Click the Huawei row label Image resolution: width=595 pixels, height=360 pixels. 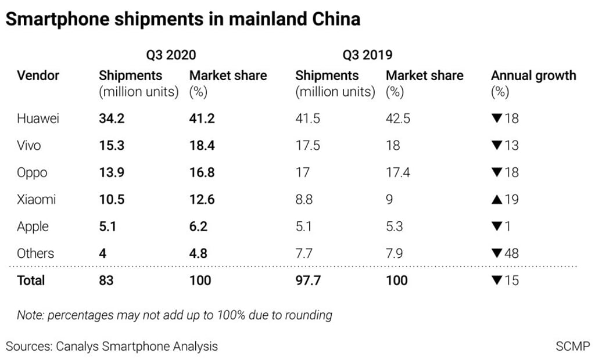pyautogui.click(x=38, y=118)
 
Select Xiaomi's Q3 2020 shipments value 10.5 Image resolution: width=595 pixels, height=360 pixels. pyautogui.click(x=112, y=199)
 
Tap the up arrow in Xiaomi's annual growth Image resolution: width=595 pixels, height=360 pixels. pyautogui.click(x=497, y=199)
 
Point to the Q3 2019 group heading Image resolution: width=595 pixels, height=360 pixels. pyautogui.click(x=367, y=55)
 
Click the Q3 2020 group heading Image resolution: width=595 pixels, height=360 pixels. pyautogui.click(x=171, y=55)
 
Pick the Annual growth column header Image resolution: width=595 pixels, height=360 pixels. pyautogui.click(x=533, y=75)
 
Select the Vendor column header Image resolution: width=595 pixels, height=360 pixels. pyautogui.click(x=38, y=75)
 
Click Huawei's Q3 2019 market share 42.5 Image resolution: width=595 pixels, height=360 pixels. pyautogui.click(x=398, y=118)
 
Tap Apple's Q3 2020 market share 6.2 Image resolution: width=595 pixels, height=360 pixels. pyautogui.click(x=199, y=226)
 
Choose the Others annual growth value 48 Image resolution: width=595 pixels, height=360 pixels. pyautogui.click(x=512, y=253)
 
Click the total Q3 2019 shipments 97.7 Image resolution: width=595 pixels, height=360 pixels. pyautogui.click(x=308, y=280)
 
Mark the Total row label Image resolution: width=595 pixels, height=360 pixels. pyautogui.click(x=31, y=280)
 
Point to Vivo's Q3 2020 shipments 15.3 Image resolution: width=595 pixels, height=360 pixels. pyautogui.click(x=112, y=145)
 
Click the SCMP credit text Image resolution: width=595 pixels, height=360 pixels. pyautogui.click(x=572, y=347)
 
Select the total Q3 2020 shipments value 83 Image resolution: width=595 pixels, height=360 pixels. pyautogui.click(x=106, y=280)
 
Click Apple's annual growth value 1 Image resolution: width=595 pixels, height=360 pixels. pyautogui.click(x=508, y=226)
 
